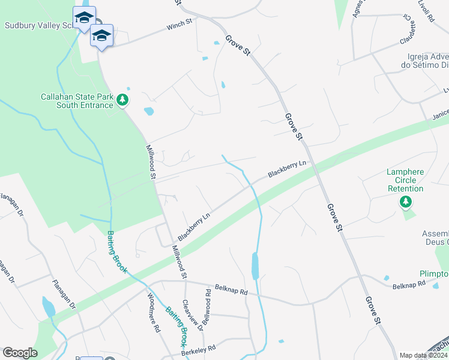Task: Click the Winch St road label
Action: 179,23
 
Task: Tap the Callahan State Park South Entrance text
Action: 76,101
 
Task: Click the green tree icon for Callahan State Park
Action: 122,100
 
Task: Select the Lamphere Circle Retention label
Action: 405,180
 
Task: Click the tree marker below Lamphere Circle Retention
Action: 406,202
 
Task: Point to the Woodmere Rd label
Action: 154,312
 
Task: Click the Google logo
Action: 20,353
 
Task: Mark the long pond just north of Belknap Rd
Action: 255,265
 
